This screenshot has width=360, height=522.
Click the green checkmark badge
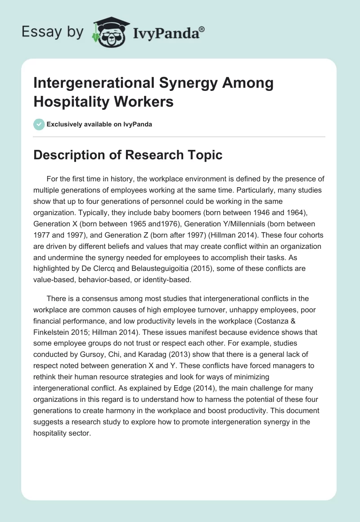pos(39,124)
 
